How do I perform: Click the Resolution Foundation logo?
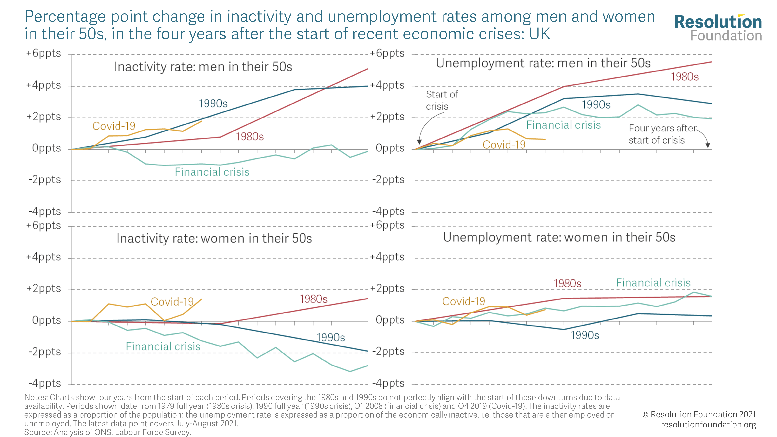718,28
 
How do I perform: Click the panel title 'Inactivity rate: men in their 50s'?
203,67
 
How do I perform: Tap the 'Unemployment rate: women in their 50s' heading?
559,237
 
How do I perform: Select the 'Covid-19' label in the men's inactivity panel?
114,126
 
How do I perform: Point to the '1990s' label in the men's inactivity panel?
213,104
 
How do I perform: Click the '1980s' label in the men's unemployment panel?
684,77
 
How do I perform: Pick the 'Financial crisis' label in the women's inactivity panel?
163,346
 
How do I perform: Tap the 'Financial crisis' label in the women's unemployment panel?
653,283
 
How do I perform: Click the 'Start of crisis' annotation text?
441,100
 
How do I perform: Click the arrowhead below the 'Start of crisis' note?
419,142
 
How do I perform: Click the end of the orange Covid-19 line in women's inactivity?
201,299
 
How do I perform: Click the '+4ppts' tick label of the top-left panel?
44,85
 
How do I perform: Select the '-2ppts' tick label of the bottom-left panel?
45,352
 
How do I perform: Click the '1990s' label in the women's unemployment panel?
584,335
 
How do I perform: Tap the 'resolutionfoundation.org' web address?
708,424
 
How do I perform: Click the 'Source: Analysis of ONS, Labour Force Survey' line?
108,432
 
